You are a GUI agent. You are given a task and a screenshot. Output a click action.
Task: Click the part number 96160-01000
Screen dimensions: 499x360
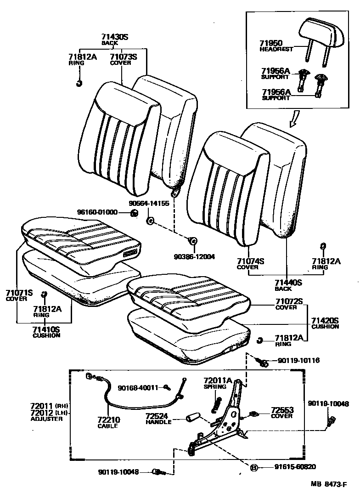pyautogui.click(x=97, y=212)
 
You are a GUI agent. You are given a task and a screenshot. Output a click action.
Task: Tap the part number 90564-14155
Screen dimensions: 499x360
pyautogui.click(x=149, y=203)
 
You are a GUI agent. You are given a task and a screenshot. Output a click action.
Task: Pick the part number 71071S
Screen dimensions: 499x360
pyautogui.click(x=19, y=292)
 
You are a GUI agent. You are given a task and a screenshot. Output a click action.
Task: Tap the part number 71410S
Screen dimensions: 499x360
pyautogui.click(x=46, y=329)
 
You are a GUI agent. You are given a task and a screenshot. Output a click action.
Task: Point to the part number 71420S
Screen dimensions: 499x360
pyautogui.click(x=325, y=320)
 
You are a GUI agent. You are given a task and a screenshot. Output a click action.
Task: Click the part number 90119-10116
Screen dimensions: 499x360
pyautogui.click(x=298, y=361)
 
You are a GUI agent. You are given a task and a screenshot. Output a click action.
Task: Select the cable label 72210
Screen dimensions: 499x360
pyautogui.click(x=108, y=420)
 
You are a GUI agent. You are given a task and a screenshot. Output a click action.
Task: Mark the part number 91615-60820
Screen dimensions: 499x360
pyautogui.click(x=295, y=467)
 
